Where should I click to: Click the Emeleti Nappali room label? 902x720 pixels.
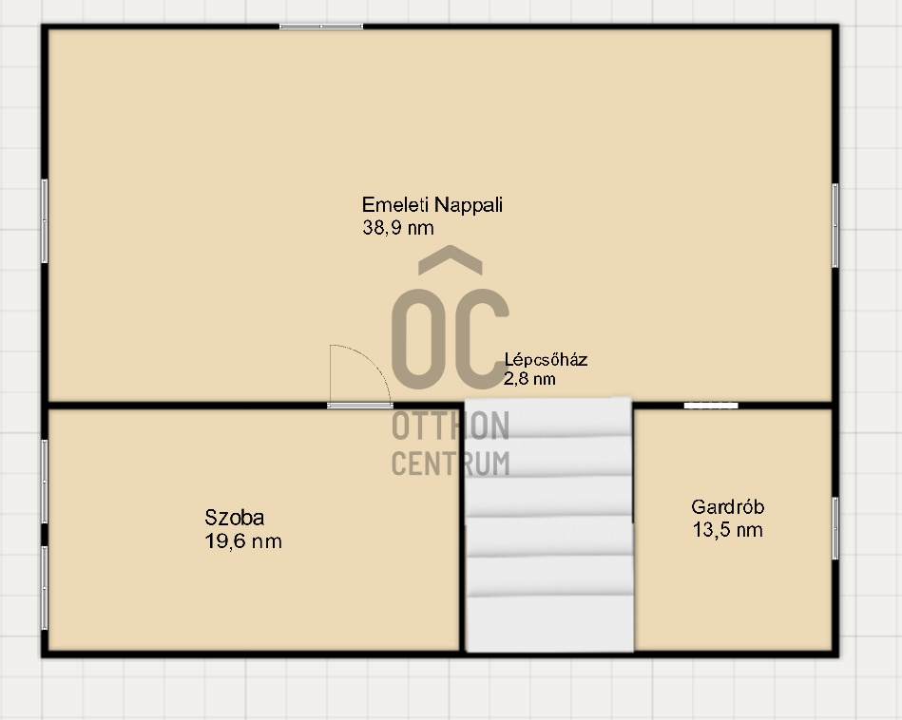(x=432, y=205)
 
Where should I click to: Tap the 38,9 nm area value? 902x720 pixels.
(x=398, y=228)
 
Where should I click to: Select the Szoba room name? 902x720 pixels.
(x=235, y=518)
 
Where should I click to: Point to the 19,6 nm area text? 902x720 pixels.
(x=243, y=541)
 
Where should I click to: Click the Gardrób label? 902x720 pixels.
(x=728, y=506)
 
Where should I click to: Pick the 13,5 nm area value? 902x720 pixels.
(x=728, y=530)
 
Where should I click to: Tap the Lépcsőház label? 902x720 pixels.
(x=546, y=359)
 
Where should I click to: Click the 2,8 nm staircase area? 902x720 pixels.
(x=529, y=378)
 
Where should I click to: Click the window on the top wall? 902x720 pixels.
(x=321, y=27)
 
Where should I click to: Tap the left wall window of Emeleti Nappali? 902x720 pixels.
(x=45, y=221)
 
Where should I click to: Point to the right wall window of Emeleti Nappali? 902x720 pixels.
(x=835, y=225)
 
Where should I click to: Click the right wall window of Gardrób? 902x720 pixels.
(x=835, y=528)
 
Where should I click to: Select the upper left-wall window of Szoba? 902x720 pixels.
(x=45, y=482)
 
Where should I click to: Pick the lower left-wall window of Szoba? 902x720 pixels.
(x=45, y=588)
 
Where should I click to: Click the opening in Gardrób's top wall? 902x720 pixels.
(x=711, y=406)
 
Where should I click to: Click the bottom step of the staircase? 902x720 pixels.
(x=550, y=624)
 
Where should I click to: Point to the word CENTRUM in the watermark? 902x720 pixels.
(x=451, y=464)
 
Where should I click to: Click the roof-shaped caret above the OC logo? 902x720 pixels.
(x=451, y=259)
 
